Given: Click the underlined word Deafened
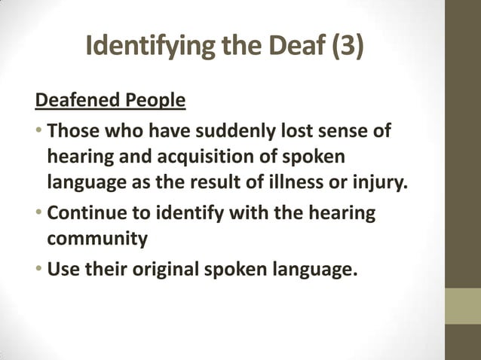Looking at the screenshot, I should tap(74, 100).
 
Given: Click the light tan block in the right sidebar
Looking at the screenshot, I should tap(462, 307).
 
